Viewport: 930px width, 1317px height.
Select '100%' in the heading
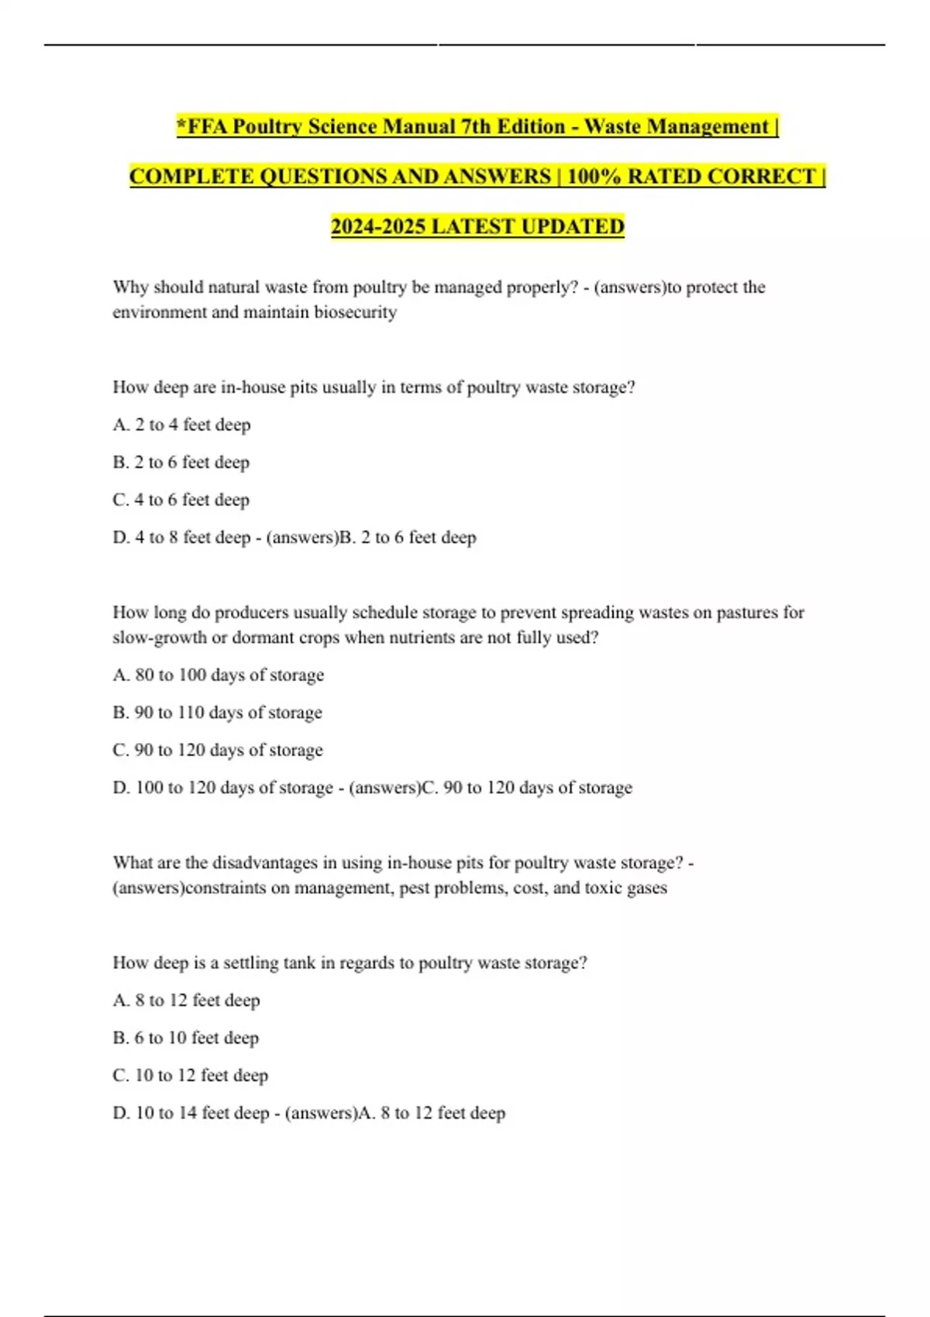[594, 177]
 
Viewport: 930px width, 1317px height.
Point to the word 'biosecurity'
[355, 312]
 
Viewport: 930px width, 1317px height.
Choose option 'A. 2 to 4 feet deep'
[181, 425]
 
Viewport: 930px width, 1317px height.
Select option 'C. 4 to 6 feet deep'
[181, 500]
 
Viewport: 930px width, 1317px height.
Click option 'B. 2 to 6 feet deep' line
[181, 462]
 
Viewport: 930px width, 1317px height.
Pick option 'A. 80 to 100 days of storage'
[218, 675]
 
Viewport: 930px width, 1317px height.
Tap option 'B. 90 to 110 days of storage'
[217, 713]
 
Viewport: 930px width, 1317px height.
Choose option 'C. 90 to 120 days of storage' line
[217, 750]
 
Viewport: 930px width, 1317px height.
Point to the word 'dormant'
[263, 638]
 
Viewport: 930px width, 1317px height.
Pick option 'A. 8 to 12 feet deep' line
[186, 1000]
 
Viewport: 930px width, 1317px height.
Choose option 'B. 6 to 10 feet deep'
[185, 1038]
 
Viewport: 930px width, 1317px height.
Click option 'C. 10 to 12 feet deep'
[190, 1075]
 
